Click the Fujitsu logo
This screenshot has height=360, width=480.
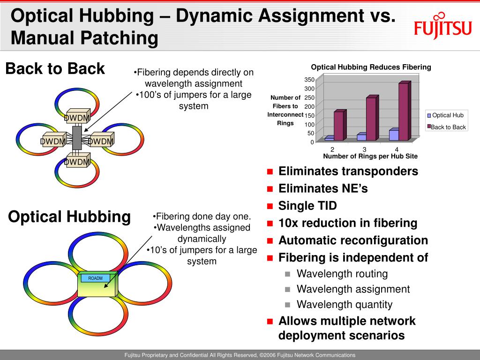[442, 26]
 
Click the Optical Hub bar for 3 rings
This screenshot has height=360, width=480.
[361, 137]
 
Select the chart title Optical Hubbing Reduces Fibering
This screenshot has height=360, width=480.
[371, 67]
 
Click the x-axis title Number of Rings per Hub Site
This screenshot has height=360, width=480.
[370, 156]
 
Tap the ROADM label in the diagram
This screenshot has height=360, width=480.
[95, 278]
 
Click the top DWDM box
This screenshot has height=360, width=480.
[77, 118]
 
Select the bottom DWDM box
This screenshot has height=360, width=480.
[77, 162]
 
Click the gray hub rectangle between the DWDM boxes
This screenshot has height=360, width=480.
[77, 138]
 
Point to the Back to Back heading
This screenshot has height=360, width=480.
[55, 69]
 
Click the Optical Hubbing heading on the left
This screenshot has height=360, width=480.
[69, 217]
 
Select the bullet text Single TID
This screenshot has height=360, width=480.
[307, 206]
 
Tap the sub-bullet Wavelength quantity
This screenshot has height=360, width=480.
[345, 305]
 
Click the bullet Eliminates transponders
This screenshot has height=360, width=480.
[348, 171]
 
